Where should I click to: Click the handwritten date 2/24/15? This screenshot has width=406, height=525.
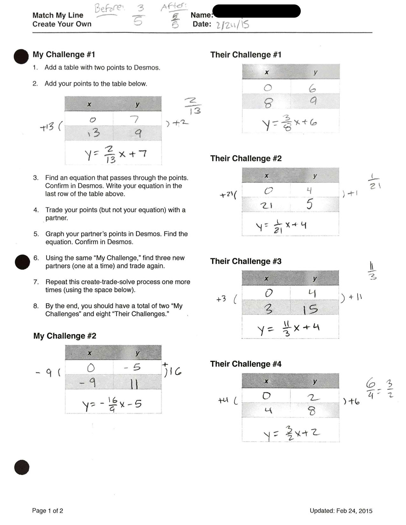[x=232, y=25]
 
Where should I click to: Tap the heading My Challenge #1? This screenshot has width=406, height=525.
[x=64, y=54]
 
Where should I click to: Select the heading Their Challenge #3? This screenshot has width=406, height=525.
[x=246, y=261]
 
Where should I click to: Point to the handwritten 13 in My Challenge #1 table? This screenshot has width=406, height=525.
[x=94, y=133]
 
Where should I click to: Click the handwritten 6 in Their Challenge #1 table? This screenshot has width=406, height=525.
[x=312, y=88]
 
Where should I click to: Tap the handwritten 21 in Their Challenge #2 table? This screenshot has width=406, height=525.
[x=267, y=205]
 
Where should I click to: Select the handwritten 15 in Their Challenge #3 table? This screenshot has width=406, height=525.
[x=310, y=309]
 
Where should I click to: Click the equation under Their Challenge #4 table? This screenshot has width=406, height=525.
[x=291, y=434]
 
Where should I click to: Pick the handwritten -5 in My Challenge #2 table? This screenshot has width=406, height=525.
[x=133, y=367]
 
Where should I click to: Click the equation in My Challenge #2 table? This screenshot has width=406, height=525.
[x=112, y=405]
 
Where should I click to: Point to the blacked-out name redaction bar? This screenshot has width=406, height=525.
[x=256, y=11]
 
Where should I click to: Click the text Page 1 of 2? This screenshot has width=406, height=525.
[x=47, y=511]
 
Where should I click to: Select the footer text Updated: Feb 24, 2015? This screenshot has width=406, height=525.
[x=341, y=511]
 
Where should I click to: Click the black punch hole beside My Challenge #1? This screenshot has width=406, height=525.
[x=21, y=56]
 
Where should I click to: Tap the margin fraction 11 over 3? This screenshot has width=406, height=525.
[x=372, y=271]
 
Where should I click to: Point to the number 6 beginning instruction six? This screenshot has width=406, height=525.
[x=36, y=258]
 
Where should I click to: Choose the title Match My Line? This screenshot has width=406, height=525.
[x=58, y=15]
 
